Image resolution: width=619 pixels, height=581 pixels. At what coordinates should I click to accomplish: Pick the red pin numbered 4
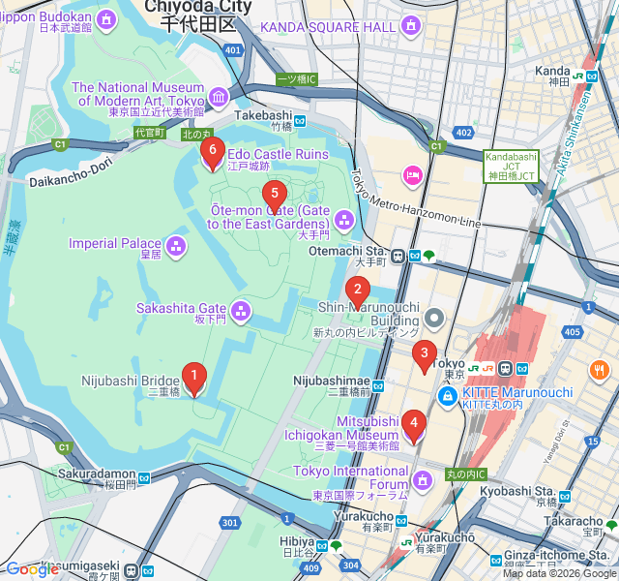coord(414,424)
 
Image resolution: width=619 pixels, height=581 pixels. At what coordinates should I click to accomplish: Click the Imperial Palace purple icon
coord(176,246)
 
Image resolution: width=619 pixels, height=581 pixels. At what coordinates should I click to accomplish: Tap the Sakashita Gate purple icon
coord(241,312)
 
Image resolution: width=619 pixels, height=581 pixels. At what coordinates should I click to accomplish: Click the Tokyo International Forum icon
coord(423,479)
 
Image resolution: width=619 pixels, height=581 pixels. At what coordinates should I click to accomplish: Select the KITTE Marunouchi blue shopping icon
coord(448,396)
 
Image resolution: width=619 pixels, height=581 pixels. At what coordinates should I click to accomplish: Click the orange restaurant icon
coord(600,370)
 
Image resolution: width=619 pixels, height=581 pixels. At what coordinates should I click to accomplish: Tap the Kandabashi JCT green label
coord(512,166)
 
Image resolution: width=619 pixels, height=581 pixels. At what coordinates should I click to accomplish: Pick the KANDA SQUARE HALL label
coord(329,27)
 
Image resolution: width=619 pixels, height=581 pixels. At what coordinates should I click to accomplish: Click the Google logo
coord(32,569)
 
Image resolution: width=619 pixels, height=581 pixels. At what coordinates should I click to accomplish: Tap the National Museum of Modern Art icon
coord(218,96)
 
